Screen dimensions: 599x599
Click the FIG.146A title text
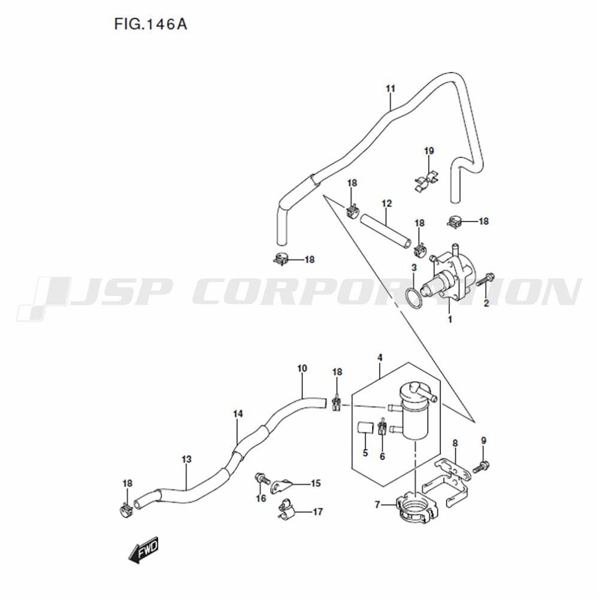tap(150, 25)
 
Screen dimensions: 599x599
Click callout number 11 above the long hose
tap(390, 89)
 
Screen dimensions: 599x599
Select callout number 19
tap(429, 151)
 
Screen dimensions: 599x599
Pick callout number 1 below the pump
tap(450, 319)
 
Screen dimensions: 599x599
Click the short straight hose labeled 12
tap(386, 231)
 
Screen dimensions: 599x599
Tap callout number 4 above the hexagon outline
tap(380, 358)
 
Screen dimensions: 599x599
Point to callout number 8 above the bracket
tap(455, 443)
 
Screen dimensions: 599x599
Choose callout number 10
tap(302, 368)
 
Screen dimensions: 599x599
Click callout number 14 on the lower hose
tap(238, 414)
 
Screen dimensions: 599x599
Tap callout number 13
tap(186, 459)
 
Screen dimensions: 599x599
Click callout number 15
tap(316, 483)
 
